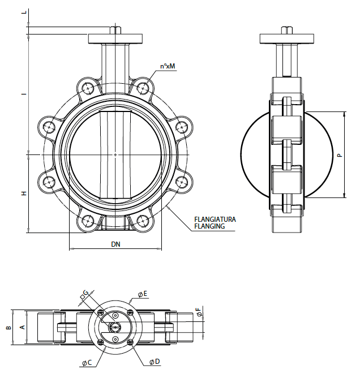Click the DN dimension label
(115, 244)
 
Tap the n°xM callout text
(168, 66)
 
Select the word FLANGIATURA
(215, 220)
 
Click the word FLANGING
(209, 226)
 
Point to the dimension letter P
(340, 155)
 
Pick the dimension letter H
(24, 194)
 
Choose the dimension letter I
(24, 94)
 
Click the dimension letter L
(24, 12)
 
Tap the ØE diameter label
(143, 294)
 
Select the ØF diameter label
(199, 312)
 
